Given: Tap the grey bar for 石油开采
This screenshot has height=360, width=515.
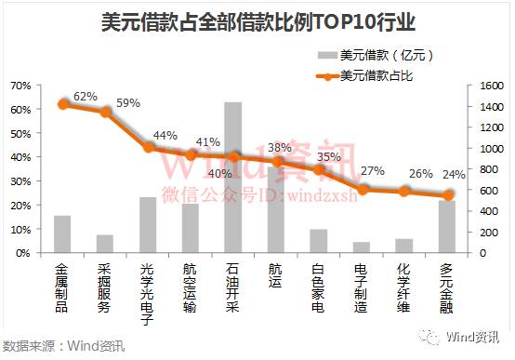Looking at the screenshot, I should click(x=233, y=177).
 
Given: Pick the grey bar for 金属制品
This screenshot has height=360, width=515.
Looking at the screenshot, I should click(x=62, y=233).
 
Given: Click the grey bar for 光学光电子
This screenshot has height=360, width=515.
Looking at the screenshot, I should click(x=148, y=224).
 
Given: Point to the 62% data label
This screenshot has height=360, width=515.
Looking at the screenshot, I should click(x=86, y=96).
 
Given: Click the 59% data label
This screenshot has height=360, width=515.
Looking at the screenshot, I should click(x=127, y=103).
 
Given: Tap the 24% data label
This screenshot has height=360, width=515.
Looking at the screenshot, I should click(x=454, y=175).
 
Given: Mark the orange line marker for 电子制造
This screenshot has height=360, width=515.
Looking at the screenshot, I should click(x=362, y=189).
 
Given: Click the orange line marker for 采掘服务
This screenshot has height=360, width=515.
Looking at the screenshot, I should click(x=105, y=113).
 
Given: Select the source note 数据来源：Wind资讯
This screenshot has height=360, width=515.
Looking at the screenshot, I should click(x=63, y=347).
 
